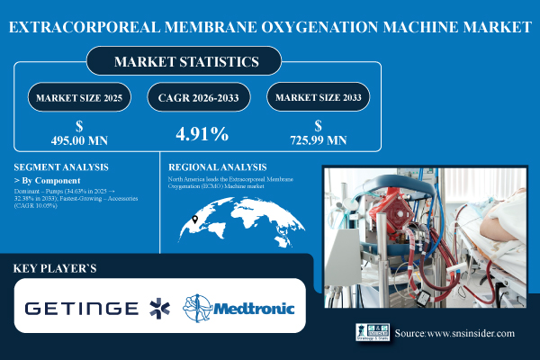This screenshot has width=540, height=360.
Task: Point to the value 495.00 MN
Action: tap(78, 140)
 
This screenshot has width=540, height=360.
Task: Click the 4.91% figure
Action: tap(200, 135)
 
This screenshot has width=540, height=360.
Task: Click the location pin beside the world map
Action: tap(196, 220)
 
